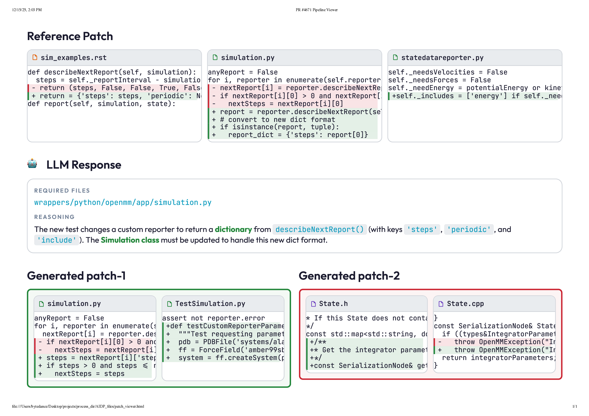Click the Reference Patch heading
pos(70,36)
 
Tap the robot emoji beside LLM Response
pos(32,163)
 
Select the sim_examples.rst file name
pos(74,58)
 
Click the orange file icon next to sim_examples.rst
pos(35,57)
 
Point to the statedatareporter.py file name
pos(442,58)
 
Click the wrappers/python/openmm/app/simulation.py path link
pos(123,203)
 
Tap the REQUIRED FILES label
pos(62,190)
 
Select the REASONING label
pos(54,217)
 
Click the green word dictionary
pos(233,229)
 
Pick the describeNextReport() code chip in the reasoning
pos(319,229)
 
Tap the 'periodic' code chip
pos(468,229)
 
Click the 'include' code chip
pos(57,240)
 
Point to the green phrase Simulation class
pos(130,240)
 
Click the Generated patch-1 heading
pos(76,276)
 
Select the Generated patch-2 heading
pos(349,276)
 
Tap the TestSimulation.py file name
pos(210,304)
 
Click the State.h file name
pos(333,304)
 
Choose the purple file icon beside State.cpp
pos(441,304)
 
